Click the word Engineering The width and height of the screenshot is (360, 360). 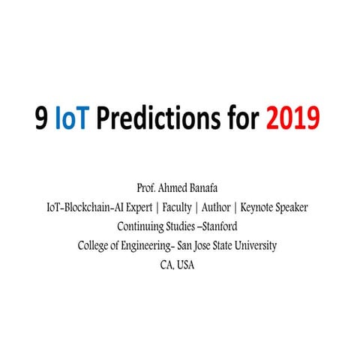[152, 245]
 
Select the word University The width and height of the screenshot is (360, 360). [254, 245]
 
